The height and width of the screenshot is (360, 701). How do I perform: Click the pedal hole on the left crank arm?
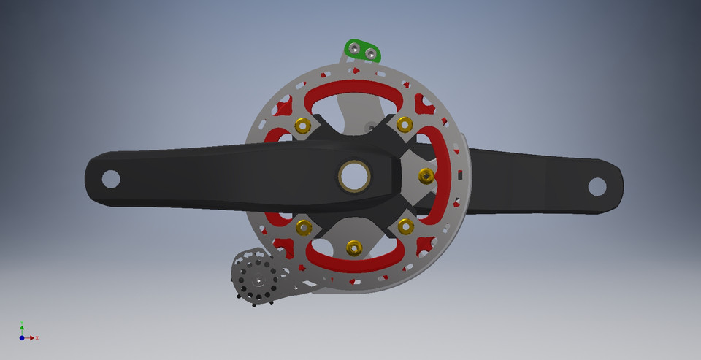111,177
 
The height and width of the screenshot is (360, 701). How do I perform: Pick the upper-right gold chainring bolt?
404,126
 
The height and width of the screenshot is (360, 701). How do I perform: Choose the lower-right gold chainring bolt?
404,227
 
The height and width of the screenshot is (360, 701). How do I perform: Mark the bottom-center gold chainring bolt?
354,248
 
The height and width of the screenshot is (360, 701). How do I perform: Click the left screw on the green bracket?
354,48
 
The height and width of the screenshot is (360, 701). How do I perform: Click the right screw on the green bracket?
372,54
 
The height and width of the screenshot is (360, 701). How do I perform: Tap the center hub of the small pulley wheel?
258,280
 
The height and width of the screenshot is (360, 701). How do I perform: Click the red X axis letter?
37,338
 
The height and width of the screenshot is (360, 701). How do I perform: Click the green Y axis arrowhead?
22,326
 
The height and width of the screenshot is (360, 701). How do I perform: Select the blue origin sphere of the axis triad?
22,338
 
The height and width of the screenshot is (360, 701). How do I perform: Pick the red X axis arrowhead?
32,338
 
